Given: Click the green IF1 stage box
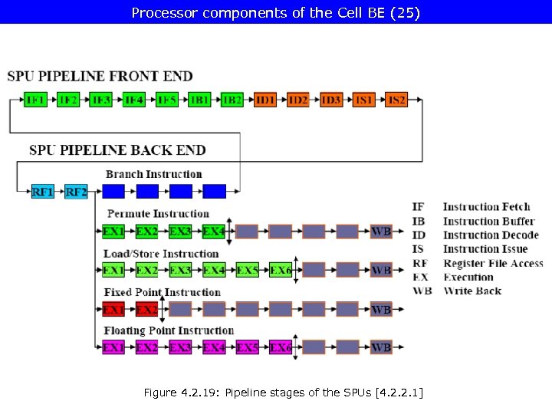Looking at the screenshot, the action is [x=35, y=100].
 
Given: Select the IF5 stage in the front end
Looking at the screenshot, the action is [x=166, y=100].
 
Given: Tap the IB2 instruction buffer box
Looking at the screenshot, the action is [x=232, y=100].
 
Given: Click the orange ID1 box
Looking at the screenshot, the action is [x=265, y=100].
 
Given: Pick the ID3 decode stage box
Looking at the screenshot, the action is [x=331, y=100].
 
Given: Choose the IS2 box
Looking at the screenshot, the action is [x=396, y=100].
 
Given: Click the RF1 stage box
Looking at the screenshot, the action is [x=43, y=191].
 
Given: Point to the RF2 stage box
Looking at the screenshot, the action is [x=77, y=191].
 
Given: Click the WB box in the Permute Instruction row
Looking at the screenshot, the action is [x=381, y=231].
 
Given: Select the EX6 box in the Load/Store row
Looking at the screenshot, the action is [x=281, y=270].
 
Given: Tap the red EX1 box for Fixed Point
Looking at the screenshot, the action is [x=113, y=309].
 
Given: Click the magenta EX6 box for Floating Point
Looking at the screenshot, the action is [x=281, y=347].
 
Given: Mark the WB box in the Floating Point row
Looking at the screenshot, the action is [x=381, y=347].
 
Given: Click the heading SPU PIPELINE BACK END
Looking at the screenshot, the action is [x=117, y=149].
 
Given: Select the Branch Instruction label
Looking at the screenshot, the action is [x=153, y=174].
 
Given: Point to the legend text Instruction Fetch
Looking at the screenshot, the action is [x=486, y=206].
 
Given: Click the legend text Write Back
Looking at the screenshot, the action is [x=472, y=291].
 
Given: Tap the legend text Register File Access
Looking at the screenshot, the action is [x=493, y=263].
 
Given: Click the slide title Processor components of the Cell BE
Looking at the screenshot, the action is [x=276, y=12].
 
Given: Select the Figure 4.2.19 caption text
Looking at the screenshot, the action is [x=283, y=393].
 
